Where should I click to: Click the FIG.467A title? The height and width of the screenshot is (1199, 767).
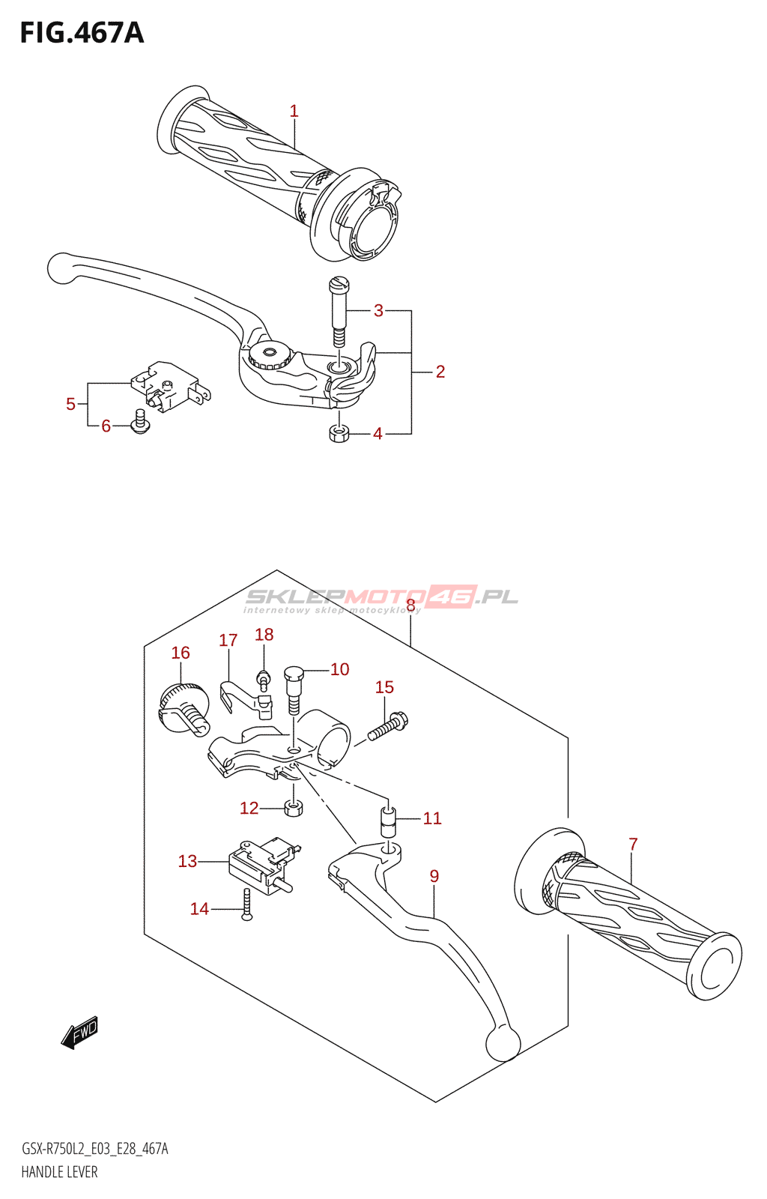82,33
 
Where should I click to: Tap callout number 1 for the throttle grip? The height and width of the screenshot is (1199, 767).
294,111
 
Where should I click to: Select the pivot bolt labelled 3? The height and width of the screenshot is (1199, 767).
339,311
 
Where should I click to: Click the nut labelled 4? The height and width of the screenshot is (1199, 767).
339,433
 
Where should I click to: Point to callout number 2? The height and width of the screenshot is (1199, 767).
440,372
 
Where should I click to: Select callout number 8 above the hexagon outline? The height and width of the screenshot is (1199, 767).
410,605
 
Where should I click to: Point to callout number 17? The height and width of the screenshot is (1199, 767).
228,641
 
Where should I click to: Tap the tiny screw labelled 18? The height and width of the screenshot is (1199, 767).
263,678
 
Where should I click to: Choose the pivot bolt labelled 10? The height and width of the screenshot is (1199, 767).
293,688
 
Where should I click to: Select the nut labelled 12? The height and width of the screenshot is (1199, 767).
294,808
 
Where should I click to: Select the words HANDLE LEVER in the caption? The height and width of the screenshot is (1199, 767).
59,1172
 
